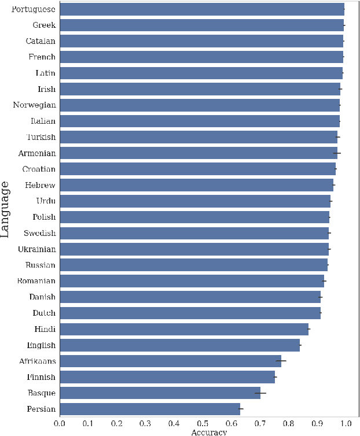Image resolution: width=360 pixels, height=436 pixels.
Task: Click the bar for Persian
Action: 149,409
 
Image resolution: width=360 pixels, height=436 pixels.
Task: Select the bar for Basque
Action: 160,393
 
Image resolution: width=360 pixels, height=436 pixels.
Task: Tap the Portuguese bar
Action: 201,9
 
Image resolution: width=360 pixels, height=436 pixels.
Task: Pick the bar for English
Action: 179,345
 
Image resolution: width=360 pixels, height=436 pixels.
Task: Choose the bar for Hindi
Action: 183,329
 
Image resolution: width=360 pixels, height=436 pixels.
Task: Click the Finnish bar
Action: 167,377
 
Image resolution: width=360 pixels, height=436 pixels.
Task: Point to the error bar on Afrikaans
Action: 281,361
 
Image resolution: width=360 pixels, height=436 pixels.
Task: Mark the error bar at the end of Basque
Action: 260,393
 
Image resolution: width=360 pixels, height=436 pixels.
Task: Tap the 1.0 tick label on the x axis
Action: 345,424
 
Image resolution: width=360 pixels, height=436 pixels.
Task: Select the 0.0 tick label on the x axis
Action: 60,424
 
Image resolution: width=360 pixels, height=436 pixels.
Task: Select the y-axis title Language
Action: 6,209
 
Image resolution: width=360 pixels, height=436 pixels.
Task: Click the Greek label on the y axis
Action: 44,25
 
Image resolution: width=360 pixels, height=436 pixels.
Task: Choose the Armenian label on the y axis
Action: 36,153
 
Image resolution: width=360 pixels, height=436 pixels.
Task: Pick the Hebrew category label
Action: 40,185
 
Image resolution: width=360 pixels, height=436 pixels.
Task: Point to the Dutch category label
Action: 43,313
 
